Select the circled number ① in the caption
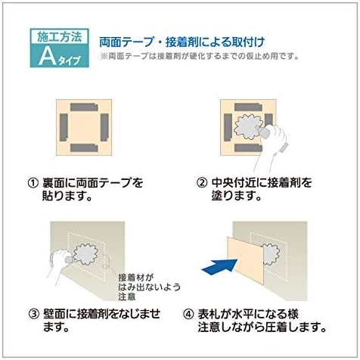pyautogui.click(x=32, y=183)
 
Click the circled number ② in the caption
pyautogui.click(x=202, y=183)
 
